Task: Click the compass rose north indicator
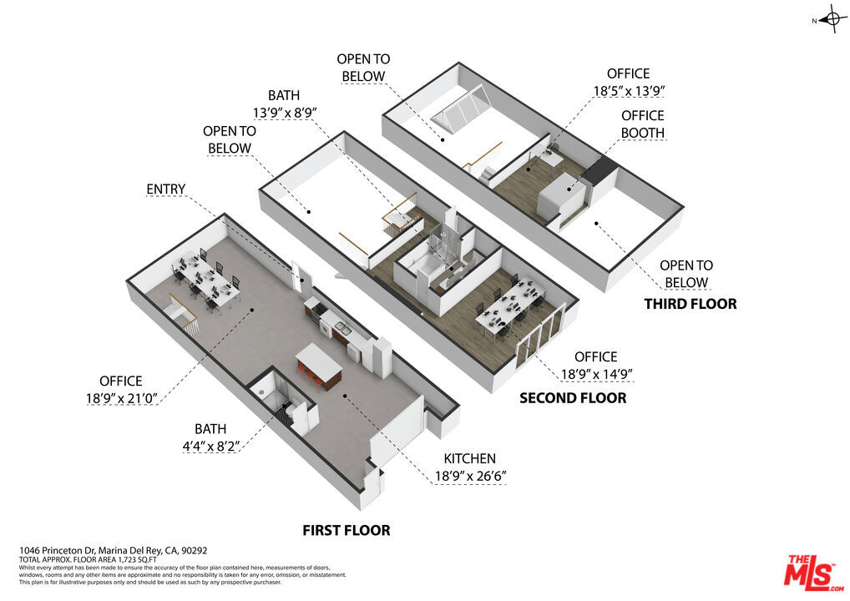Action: (x=830, y=20)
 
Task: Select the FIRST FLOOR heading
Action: (x=347, y=530)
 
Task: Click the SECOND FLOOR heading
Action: (x=573, y=398)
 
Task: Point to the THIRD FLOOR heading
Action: (x=691, y=304)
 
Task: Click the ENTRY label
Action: (x=166, y=189)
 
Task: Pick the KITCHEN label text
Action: (x=469, y=458)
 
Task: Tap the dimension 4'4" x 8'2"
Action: (x=210, y=447)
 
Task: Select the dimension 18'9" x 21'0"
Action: (x=121, y=398)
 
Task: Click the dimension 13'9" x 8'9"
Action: (x=285, y=113)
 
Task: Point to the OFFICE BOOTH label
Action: (x=642, y=124)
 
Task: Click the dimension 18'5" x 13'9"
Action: (x=629, y=91)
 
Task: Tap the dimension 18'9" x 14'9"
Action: (x=596, y=374)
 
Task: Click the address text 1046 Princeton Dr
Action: (x=58, y=550)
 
